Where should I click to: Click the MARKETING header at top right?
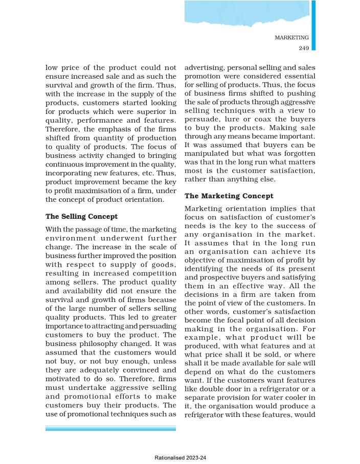pos(291,37)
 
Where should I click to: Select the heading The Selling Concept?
pos(81,216)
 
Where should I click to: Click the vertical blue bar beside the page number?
pos(313,26)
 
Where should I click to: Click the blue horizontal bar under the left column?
pos(110,428)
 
